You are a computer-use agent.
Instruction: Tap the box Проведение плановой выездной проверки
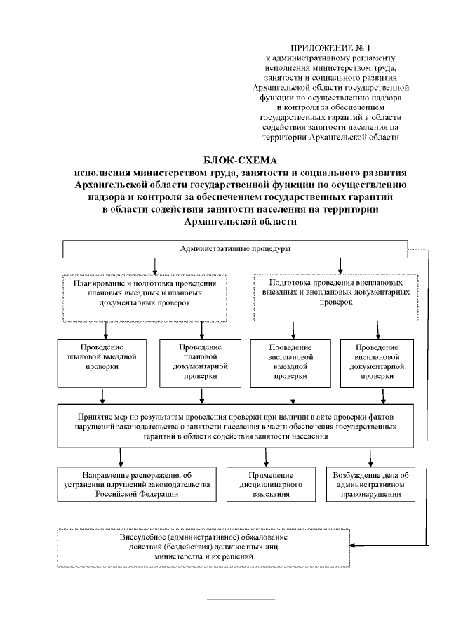pos(102,363)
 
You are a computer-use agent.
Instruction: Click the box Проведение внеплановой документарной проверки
pos(377,363)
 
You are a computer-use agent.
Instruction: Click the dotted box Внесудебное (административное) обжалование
pos(203,546)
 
